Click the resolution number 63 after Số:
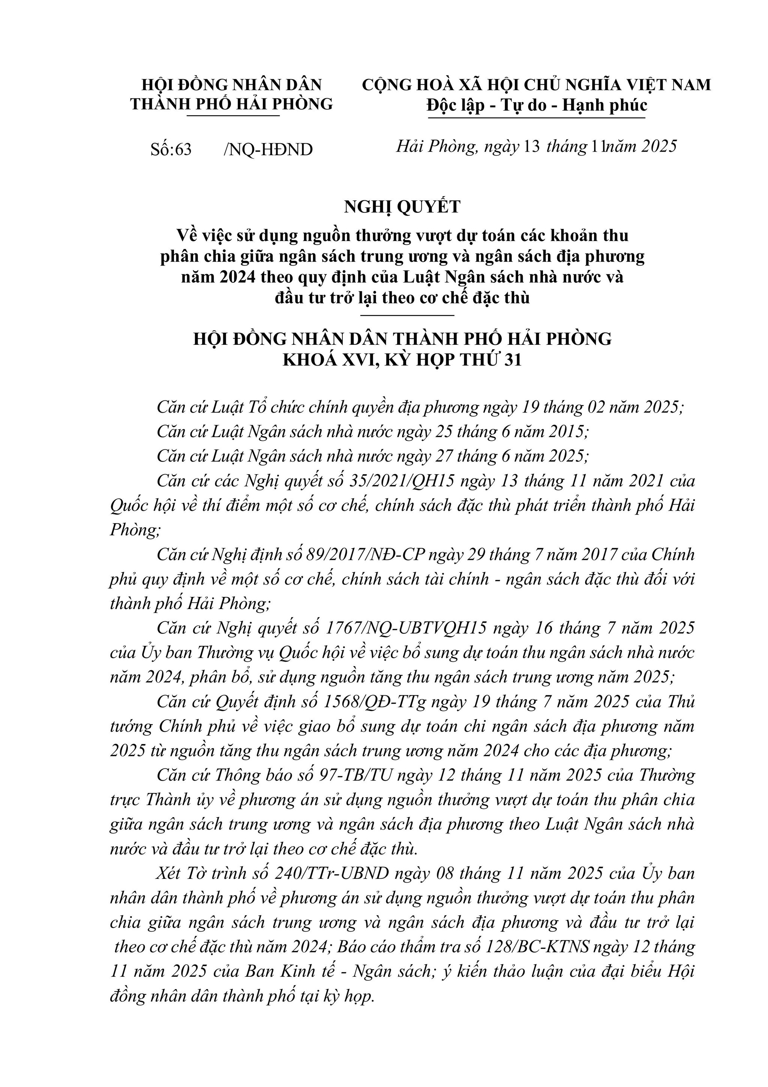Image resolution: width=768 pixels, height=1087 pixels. tap(183, 150)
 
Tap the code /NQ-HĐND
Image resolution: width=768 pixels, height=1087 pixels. tap(268, 150)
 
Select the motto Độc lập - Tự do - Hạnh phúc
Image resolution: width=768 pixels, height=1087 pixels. tap(536, 105)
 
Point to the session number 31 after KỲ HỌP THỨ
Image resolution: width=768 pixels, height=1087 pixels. tap(512, 360)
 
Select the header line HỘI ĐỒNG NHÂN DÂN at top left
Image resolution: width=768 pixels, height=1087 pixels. tap(232, 85)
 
